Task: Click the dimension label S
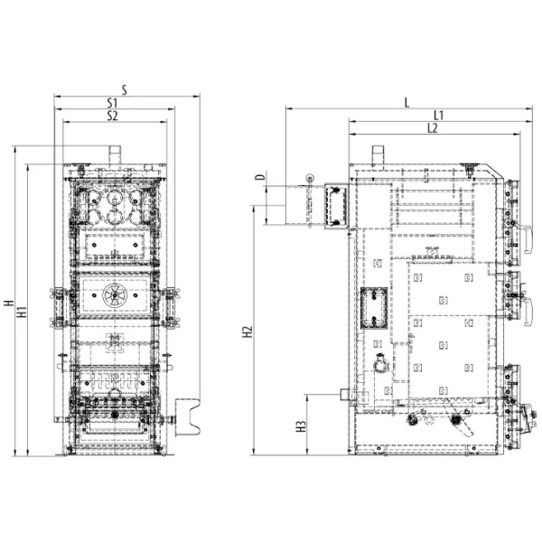tap(125, 89)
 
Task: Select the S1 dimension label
tap(112, 103)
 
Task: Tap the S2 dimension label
tap(112, 116)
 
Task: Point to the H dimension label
tap(9, 304)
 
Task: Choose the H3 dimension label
tap(302, 426)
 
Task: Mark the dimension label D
tap(262, 177)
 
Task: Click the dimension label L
tap(406, 102)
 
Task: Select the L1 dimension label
tap(438, 115)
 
